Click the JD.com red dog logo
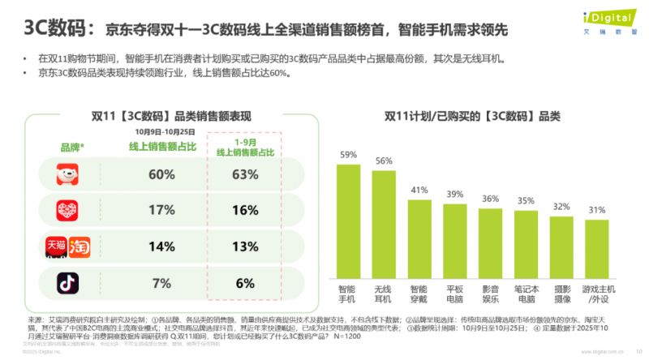67,174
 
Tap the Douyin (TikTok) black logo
67,282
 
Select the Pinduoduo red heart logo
67,209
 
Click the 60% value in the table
161,174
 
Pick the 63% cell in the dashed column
244,174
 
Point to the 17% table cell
161,209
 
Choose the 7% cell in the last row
161,282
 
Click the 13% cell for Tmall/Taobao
244,246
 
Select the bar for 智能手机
349,219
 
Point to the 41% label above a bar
419,190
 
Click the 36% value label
491,199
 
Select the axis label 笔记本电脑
527,293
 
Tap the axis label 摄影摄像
562,293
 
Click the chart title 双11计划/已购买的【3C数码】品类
471,117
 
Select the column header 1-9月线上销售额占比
244,147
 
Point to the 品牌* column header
73,147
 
